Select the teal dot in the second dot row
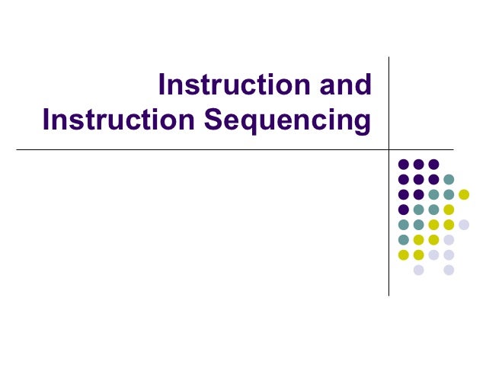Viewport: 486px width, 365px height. tap(449, 179)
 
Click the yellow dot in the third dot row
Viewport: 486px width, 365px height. tap(464, 194)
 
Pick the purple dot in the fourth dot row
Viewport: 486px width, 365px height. tap(403, 210)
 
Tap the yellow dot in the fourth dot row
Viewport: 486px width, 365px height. tap(449, 210)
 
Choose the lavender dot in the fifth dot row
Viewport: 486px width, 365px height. tap(464, 225)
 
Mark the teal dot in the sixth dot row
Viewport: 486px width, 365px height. tap(403, 239)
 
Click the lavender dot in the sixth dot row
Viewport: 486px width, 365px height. tap(449, 239)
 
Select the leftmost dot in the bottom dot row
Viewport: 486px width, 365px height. tap(418, 270)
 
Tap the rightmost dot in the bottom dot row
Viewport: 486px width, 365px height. tap(449, 270)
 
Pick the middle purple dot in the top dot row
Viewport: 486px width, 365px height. tap(418, 164)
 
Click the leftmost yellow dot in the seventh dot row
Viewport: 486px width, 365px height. tap(403, 255)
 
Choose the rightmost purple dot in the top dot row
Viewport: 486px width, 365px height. tap(433, 164)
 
